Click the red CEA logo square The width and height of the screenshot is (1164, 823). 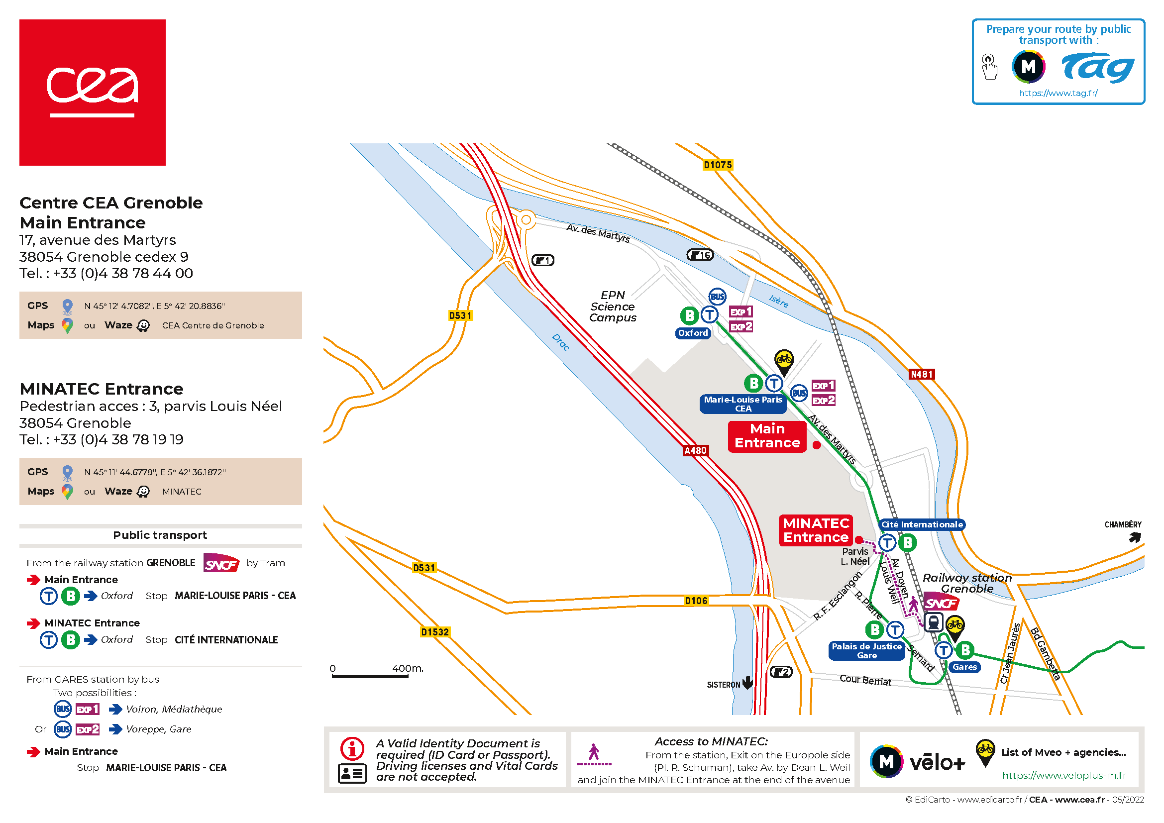[92, 92]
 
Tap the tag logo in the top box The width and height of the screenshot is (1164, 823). [1098, 68]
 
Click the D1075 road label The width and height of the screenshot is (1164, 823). [718, 165]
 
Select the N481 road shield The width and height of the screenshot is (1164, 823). [921, 375]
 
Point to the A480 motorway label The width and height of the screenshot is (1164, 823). [695, 450]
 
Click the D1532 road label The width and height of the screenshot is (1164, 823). [435, 632]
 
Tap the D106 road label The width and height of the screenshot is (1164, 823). [696, 601]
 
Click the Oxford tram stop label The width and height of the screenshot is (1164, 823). [693, 333]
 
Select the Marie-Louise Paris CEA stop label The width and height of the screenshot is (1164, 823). [742, 404]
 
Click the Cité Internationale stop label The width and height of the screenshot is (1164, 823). [921, 524]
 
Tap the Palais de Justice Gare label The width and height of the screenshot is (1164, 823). [866, 651]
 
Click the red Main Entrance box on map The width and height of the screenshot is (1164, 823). [766, 436]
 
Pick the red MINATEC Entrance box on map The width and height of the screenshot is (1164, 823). [816, 530]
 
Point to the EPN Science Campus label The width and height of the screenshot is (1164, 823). [613, 306]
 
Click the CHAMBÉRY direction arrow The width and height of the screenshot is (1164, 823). [1135, 537]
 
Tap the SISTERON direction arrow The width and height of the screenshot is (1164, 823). [748, 683]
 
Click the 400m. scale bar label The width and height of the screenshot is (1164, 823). [407, 668]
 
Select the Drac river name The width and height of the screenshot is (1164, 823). [561, 342]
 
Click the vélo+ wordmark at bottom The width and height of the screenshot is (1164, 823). [937, 762]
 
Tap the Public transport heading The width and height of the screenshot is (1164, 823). [160, 535]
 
